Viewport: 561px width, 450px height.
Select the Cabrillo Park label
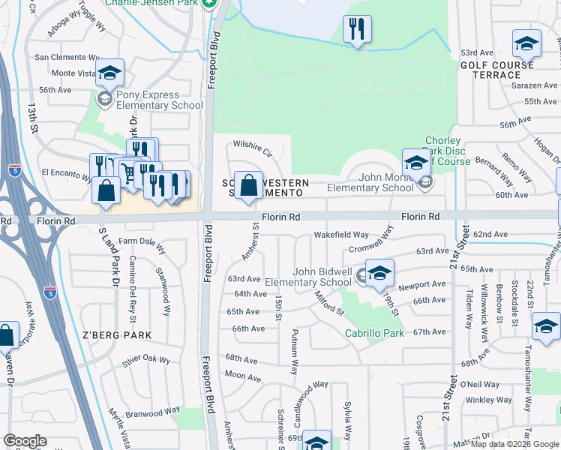point(374,333)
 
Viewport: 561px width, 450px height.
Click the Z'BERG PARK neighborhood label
point(118,335)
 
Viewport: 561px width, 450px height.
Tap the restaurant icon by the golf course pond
point(357,30)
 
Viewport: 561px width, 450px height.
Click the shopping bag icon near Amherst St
point(248,187)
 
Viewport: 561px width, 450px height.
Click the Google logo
point(25,441)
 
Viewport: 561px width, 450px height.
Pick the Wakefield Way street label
point(341,235)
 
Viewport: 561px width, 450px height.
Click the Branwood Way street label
point(152,411)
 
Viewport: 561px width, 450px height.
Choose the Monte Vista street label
point(72,73)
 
